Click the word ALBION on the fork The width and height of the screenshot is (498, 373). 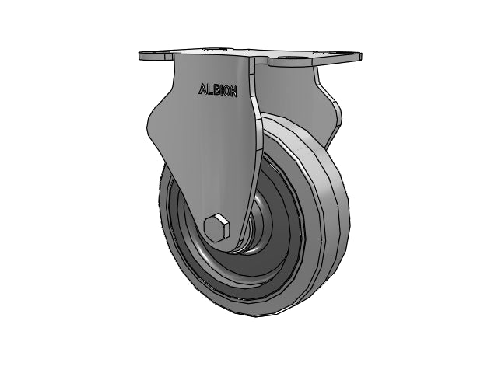pyautogui.click(x=218, y=90)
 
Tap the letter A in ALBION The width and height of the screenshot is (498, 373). pyautogui.click(x=201, y=90)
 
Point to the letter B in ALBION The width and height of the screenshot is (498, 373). pyautogui.click(x=215, y=90)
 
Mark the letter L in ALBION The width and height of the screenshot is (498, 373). pyautogui.click(x=208, y=90)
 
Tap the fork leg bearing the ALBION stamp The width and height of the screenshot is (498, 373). pyautogui.click(x=202, y=148)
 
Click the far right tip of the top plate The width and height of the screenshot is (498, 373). pyautogui.click(x=359, y=55)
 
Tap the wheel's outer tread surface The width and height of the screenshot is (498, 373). pyautogui.click(x=331, y=233)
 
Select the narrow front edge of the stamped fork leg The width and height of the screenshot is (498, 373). pyautogui.click(x=254, y=155)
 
